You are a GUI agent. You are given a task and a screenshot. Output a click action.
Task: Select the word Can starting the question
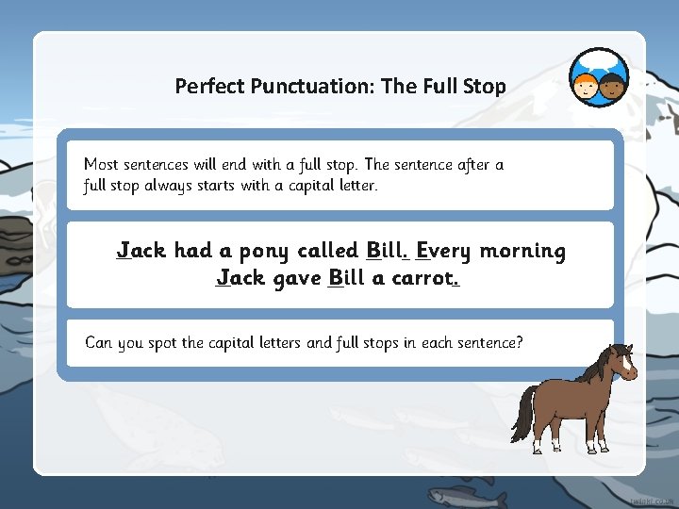99,342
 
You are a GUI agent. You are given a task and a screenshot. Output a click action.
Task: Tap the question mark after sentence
519,341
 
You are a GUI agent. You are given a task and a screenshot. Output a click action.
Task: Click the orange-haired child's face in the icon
587,86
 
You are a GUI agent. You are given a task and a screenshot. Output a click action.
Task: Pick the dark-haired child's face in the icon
613,86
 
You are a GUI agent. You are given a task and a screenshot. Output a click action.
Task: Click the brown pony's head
620,362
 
